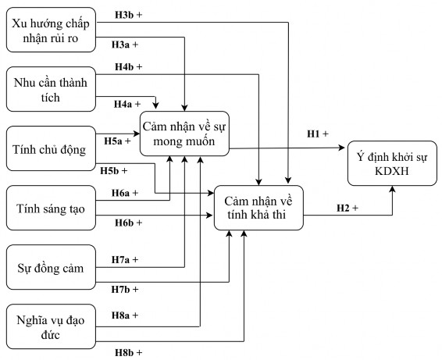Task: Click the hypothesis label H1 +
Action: [x=318, y=134]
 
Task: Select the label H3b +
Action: [x=128, y=15]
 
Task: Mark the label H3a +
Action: [x=126, y=44]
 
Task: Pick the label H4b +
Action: [x=128, y=67]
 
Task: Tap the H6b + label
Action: [x=128, y=223]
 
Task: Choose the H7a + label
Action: [x=126, y=258]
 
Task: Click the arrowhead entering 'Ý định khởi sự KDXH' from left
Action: [x=344, y=146]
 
